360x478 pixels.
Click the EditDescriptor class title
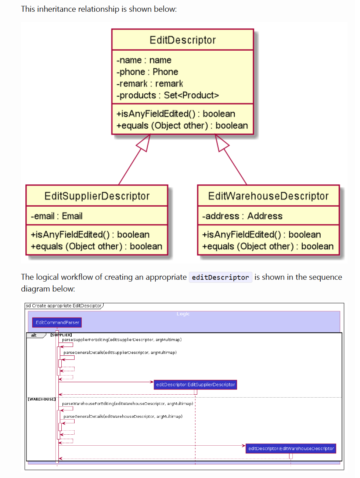(x=183, y=40)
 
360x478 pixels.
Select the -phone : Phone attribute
(x=147, y=72)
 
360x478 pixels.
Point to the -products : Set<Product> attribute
(x=168, y=95)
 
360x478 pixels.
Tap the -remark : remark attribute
(x=150, y=84)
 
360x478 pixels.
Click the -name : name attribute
(x=144, y=60)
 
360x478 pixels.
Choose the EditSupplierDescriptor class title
(x=97, y=196)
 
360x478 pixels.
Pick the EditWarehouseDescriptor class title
(x=268, y=196)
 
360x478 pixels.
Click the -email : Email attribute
(x=57, y=216)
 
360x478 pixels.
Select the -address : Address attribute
(x=242, y=216)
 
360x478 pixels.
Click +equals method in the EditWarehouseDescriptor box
(x=268, y=246)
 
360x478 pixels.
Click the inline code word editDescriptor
(x=220, y=278)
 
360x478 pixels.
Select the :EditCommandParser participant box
(x=57, y=323)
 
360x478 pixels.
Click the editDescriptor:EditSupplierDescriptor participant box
(x=195, y=385)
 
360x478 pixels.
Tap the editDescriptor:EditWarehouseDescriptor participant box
(x=291, y=449)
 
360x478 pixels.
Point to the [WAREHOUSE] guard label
(x=42, y=399)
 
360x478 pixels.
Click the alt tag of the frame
(x=34, y=335)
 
